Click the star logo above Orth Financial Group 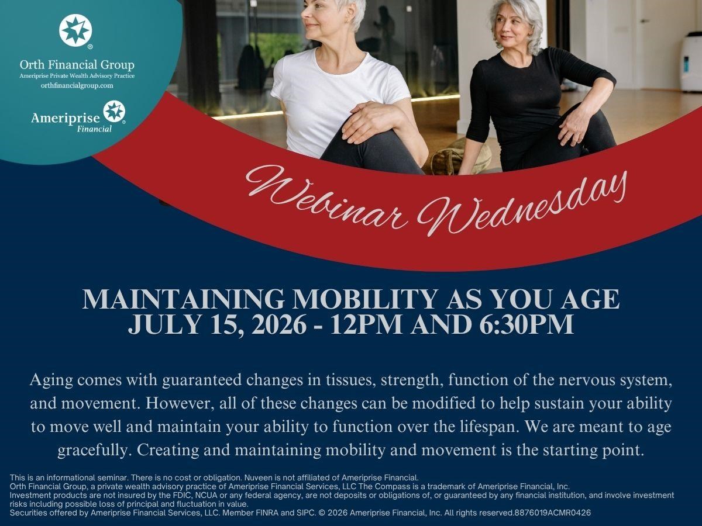(75, 30)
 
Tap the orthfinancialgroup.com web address (77, 85)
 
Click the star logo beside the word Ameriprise (114, 112)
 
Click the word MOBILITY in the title (365, 299)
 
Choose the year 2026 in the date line (278, 324)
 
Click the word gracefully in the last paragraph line (94, 451)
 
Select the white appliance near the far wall (690, 61)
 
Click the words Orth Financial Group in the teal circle (77, 65)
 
